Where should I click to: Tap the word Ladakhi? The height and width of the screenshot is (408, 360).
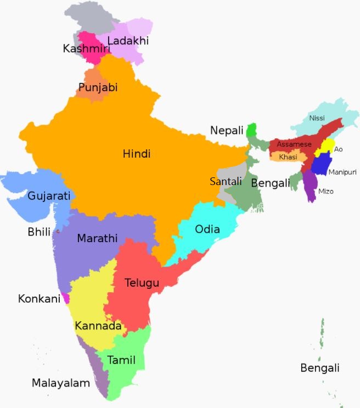coord(128,41)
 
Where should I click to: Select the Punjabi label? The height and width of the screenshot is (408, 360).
coord(98,87)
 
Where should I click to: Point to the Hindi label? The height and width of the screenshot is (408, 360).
coord(137,154)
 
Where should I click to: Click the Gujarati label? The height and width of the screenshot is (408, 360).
coord(49,195)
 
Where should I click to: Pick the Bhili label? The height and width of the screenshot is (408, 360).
coord(39,232)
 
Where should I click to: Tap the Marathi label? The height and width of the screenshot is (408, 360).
coord(97,238)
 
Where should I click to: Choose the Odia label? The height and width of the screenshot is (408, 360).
coord(207,229)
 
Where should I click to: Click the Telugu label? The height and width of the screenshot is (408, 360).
coord(142,283)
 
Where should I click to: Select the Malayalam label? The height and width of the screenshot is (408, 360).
coord(60,383)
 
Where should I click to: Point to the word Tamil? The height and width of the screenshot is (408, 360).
coord(121,360)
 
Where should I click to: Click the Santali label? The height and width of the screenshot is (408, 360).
coord(226,181)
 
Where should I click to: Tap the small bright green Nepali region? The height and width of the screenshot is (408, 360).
coord(252,131)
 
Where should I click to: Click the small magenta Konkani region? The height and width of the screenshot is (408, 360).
coord(66,298)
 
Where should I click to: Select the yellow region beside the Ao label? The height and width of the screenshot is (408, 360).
coord(326,147)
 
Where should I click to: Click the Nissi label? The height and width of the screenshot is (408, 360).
coord(317,118)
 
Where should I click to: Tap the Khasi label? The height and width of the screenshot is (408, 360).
coord(288,157)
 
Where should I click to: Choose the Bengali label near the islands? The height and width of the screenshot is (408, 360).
coord(320,367)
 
